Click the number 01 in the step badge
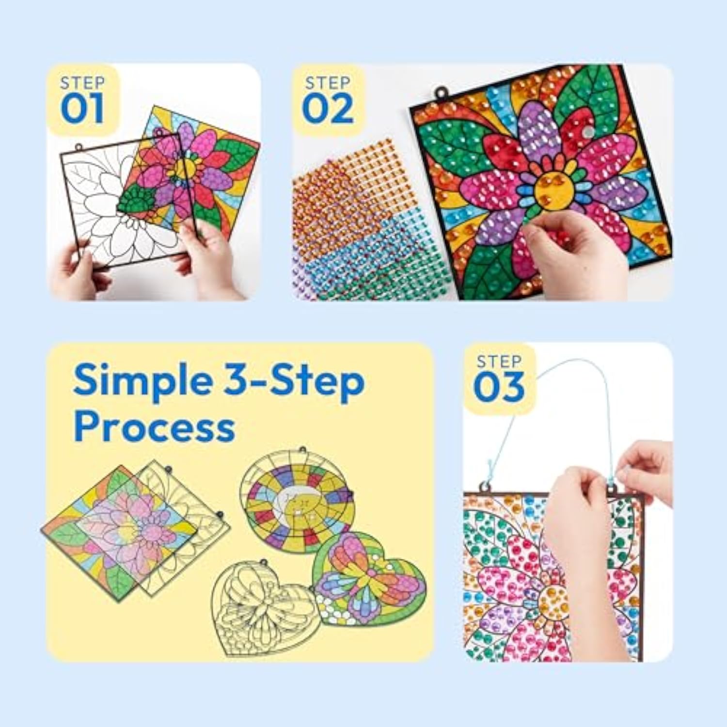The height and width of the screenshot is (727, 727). click(82, 109)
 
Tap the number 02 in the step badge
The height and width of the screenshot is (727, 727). click(328, 109)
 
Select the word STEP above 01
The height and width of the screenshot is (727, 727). click(82, 83)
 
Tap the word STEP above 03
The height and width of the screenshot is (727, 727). click(499, 362)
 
